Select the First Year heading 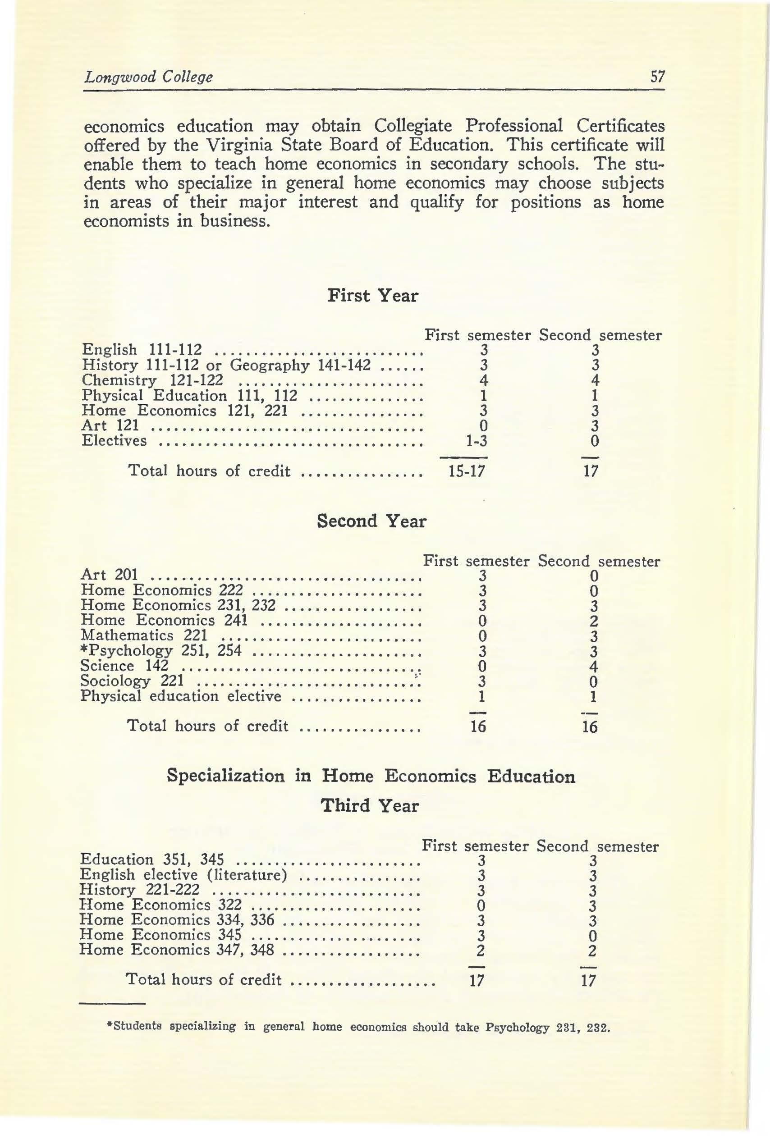click(373, 296)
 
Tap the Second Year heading click(372, 521)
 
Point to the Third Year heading click(370, 805)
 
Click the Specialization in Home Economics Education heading click(371, 776)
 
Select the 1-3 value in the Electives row click(476, 441)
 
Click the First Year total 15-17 click(467, 471)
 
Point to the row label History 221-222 click(140, 889)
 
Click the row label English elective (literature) click(183, 874)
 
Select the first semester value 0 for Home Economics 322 click(481, 905)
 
